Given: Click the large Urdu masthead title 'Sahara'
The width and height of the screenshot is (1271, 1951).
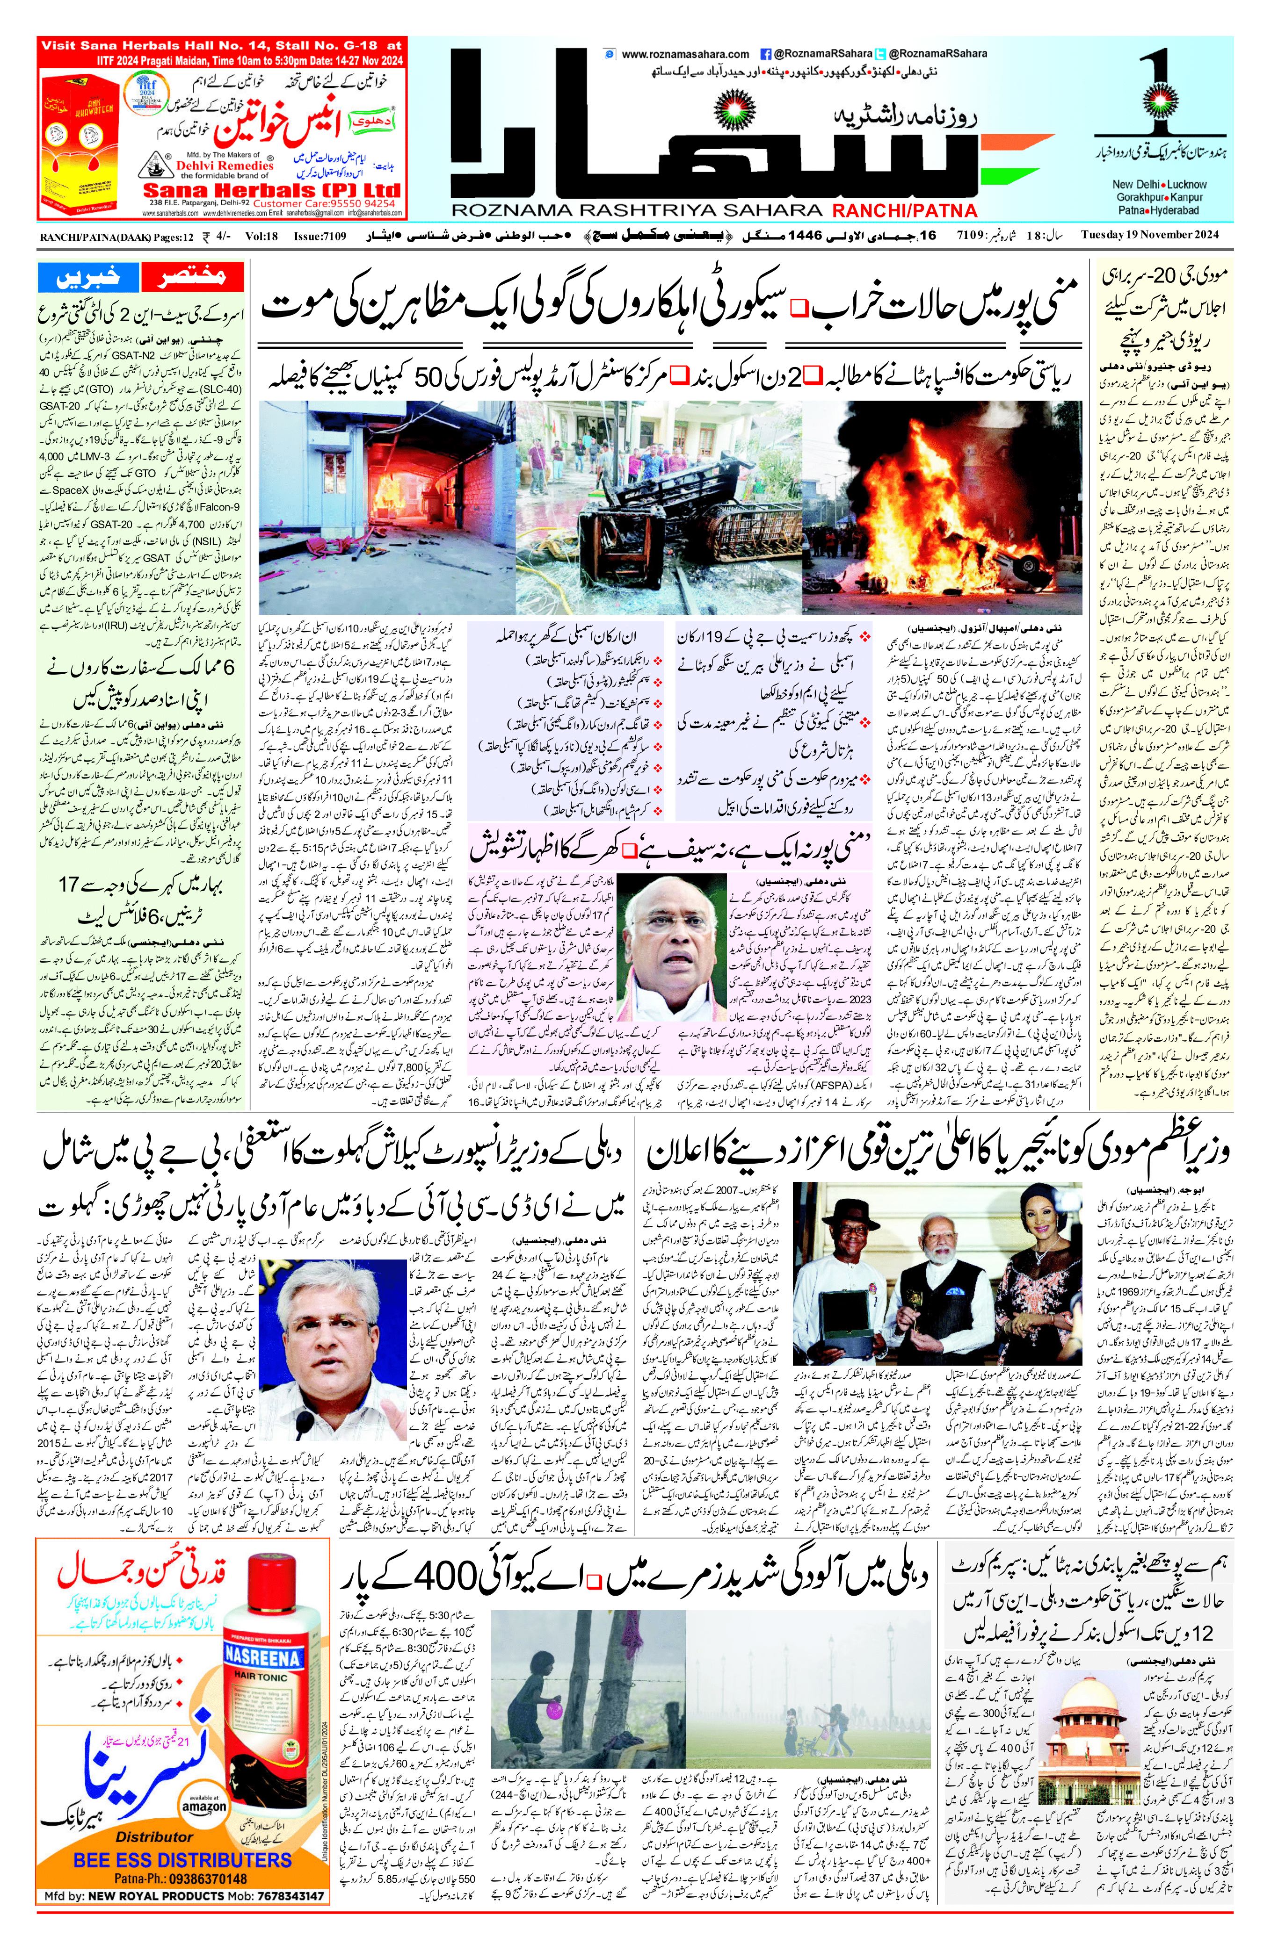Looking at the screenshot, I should tap(713, 139).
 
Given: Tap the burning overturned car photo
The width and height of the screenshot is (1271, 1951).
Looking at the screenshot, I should tap(941, 506).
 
